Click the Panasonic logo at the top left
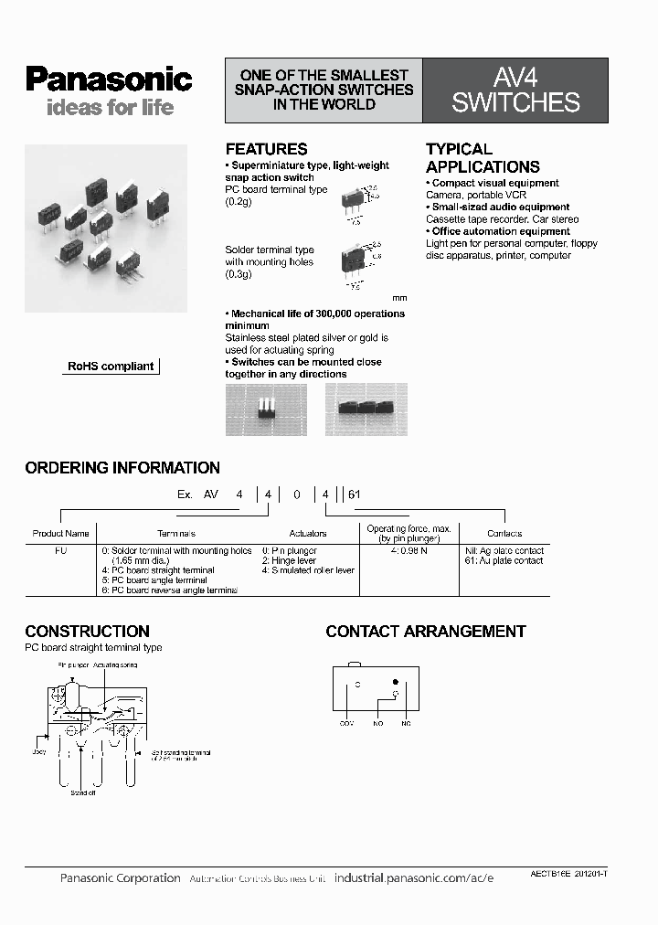point(109,80)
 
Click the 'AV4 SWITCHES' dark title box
point(515,91)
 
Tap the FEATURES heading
point(266,149)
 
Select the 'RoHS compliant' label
point(111,367)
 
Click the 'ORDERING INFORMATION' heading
point(122,468)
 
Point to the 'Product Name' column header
point(60,533)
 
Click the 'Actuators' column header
point(307,533)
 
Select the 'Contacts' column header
point(504,533)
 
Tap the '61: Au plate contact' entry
point(504,560)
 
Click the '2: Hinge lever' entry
point(289,560)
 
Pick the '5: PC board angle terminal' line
point(154,580)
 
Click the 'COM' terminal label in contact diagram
point(346,724)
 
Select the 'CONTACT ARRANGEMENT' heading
point(426,632)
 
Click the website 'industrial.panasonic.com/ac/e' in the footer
point(414,878)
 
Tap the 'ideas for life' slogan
point(97,108)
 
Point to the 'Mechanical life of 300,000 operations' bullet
point(314,314)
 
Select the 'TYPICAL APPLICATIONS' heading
point(483,157)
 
